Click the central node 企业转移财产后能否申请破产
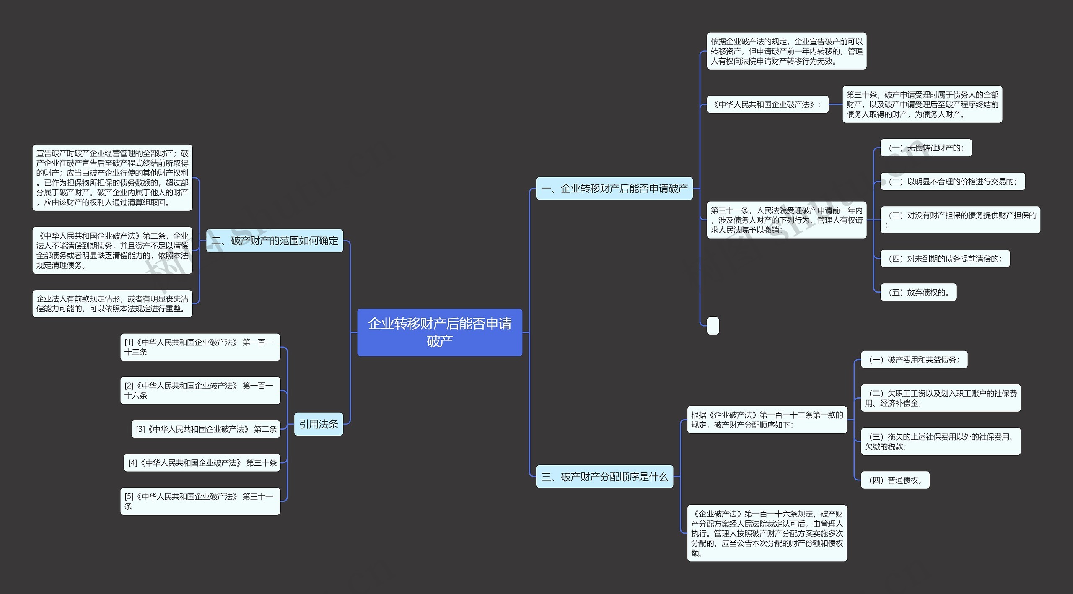tap(439, 332)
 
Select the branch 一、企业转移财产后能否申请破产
tap(614, 188)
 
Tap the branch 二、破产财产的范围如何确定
tap(275, 241)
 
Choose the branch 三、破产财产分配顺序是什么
tap(604, 477)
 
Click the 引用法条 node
tap(318, 424)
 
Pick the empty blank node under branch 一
tap(713, 326)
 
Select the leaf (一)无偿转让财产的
tap(926, 148)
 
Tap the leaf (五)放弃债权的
tap(918, 292)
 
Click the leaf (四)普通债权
tap(895, 480)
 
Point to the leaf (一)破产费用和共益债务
tap(914, 360)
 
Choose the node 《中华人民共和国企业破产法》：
tap(767, 104)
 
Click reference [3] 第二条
tap(206, 429)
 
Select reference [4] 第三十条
tap(202, 463)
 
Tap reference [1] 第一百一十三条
tap(200, 347)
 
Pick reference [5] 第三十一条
tap(200, 501)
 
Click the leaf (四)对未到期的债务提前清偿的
tap(945, 259)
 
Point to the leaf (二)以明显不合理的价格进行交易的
tap(952, 182)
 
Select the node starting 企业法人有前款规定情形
tap(112, 303)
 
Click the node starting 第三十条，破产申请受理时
tap(922, 104)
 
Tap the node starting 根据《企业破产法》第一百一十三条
tap(767, 420)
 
